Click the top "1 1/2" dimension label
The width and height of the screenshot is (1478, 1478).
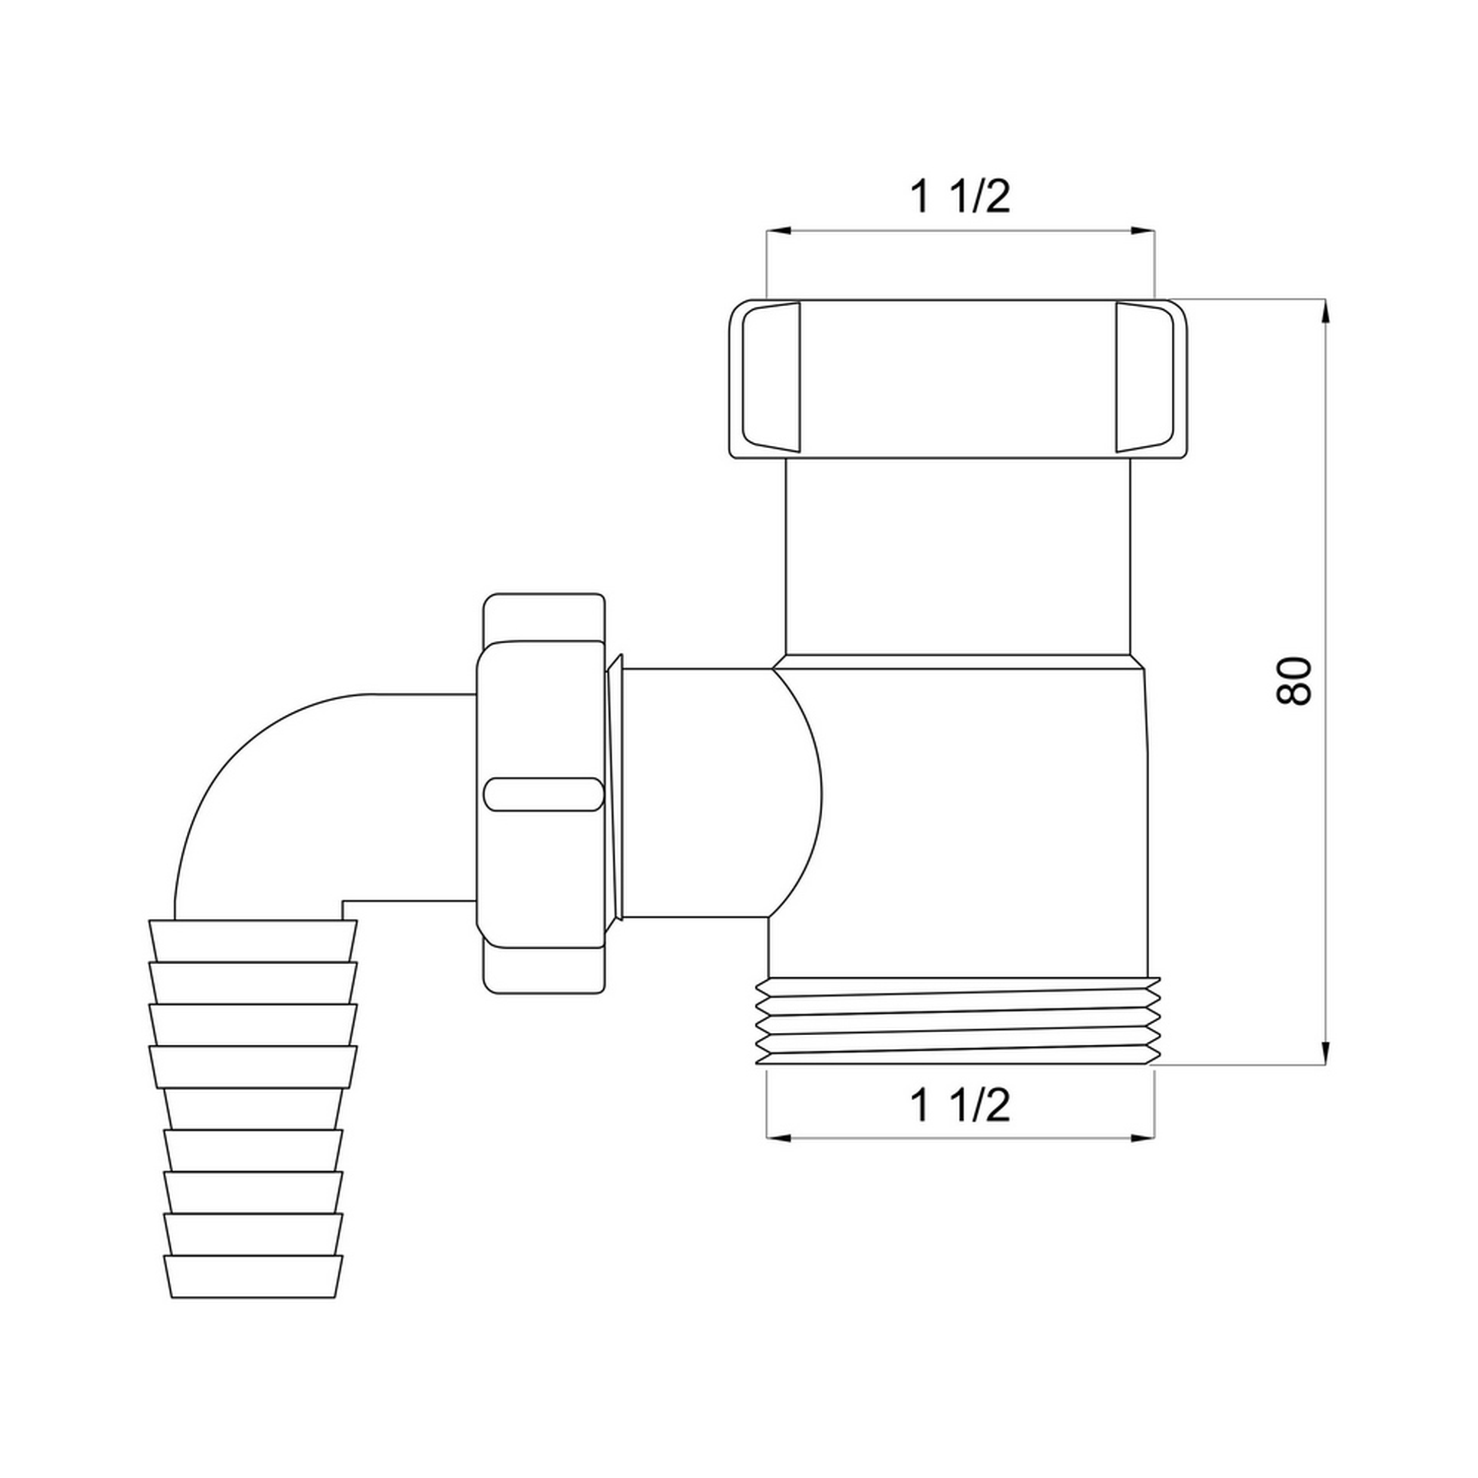tap(960, 197)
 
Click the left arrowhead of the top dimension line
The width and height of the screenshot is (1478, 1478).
tap(779, 230)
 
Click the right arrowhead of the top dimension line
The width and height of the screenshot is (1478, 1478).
tap(1142, 230)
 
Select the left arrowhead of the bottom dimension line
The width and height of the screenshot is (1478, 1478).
tap(779, 1138)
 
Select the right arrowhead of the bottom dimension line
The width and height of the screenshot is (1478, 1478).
tap(1142, 1138)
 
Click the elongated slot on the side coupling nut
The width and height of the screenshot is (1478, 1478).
tap(544, 794)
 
